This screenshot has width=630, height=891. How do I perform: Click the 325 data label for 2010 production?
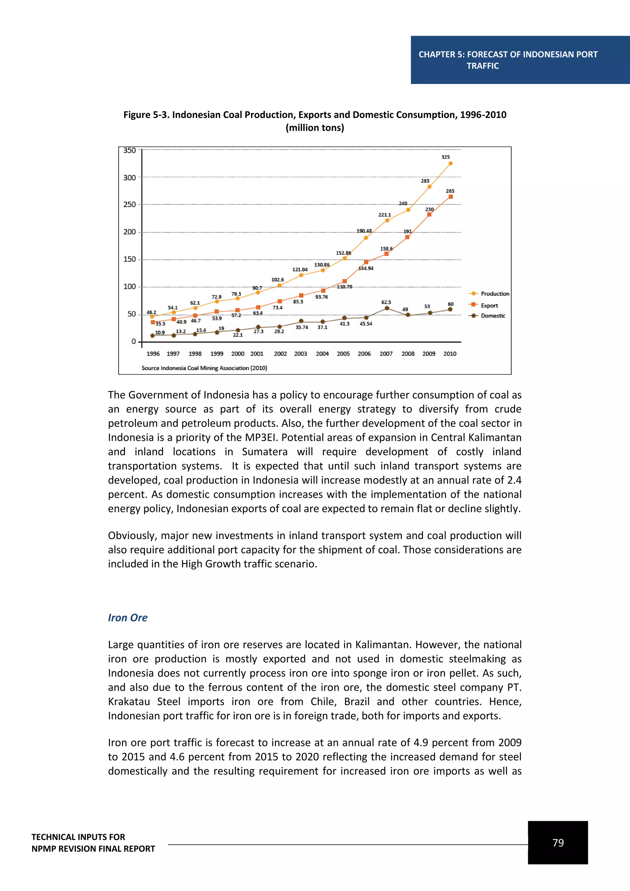(x=445, y=157)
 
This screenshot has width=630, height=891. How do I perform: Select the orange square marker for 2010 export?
(x=450, y=197)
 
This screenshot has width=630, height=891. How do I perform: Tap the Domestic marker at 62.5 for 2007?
(x=387, y=308)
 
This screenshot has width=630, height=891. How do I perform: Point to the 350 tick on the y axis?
(x=130, y=150)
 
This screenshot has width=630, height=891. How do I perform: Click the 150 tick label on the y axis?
(x=130, y=259)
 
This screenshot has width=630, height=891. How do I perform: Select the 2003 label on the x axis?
(x=300, y=354)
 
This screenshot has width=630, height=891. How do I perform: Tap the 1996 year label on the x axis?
(x=153, y=354)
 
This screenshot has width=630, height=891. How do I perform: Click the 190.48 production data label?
(x=364, y=231)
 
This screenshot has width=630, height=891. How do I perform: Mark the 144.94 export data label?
(x=366, y=269)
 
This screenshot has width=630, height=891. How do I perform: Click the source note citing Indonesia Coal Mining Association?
(x=204, y=368)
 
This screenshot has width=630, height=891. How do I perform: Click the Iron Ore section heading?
(x=128, y=617)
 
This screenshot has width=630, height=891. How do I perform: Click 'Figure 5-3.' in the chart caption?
(x=146, y=115)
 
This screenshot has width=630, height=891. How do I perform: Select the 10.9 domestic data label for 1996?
(x=160, y=333)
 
